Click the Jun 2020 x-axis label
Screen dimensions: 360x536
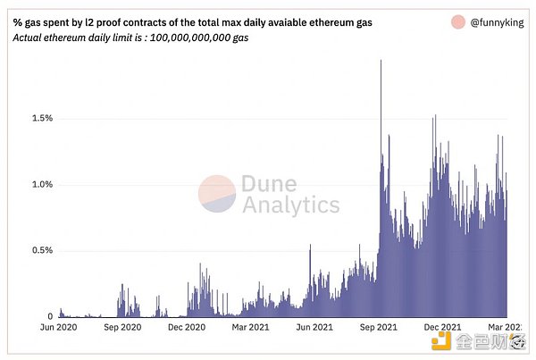point(59,328)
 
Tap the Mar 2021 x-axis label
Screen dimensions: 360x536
point(253,328)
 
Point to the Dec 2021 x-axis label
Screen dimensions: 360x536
point(444,328)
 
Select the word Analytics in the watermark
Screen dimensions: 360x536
point(290,205)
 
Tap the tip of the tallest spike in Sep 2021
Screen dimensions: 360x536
point(381,61)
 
